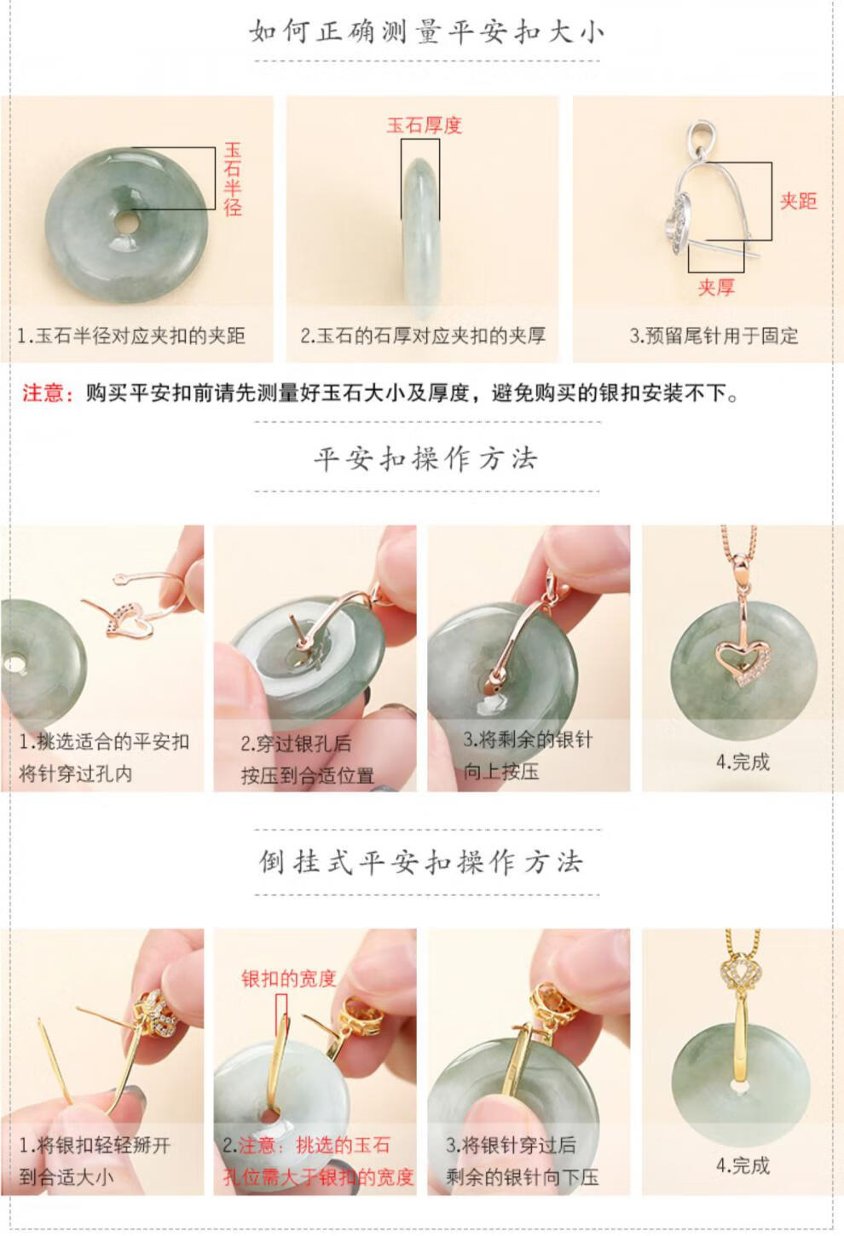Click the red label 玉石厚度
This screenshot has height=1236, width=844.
(x=424, y=125)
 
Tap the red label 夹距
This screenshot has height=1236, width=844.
(x=798, y=201)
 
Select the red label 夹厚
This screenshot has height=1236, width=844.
(x=716, y=287)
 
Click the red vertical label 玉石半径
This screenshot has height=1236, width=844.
(x=233, y=180)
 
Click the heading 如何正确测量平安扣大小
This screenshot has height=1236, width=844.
(x=426, y=32)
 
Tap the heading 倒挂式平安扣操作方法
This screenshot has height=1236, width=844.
(x=421, y=862)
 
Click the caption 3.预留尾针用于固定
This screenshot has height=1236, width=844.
(x=714, y=336)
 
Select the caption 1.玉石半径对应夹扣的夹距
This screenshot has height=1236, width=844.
(x=131, y=336)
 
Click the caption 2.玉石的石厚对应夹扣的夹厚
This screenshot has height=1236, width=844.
(x=423, y=336)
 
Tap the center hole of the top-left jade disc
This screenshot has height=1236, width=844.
(x=127, y=221)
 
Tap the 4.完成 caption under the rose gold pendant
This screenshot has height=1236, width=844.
(x=743, y=762)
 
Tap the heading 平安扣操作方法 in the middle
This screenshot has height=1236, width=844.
(x=426, y=458)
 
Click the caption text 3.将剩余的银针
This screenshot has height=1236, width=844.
(x=528, y=739)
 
